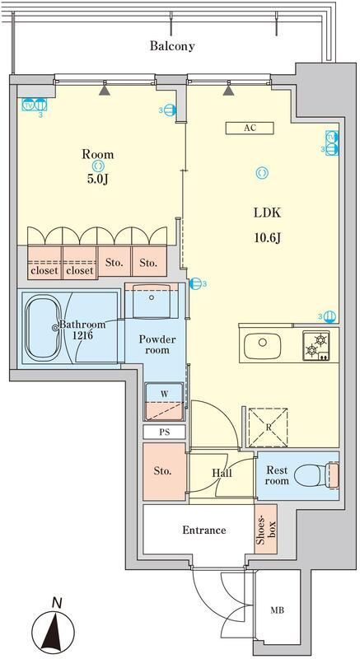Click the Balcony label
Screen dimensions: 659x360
click(171, 46)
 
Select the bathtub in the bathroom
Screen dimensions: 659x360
click(50, 328)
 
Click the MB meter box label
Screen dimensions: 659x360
click(280, 611)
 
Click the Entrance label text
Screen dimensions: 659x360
click(203, 530)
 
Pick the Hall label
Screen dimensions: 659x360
click(222, 474)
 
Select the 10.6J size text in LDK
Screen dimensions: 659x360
click(266, 239)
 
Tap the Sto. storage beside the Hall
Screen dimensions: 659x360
click(162, 471)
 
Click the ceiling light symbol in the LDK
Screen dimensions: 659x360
click(261, 172)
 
